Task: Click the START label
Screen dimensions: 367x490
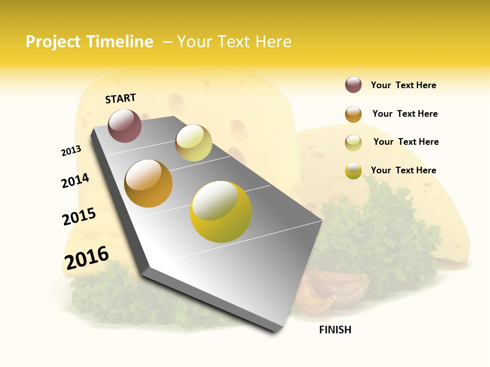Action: pyautogui.click(x=120, y=98)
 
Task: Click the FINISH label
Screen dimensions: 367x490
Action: pyautogui.click(x=335, y=330)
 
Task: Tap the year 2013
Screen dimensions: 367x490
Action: pyautogui.click(x=71, y=151)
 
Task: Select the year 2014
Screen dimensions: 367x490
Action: pyautogui.click(x=75, y=180)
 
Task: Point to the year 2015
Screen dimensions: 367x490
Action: pyautogui.click(x=79, y=216)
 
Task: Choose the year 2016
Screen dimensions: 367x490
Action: pyautogui.click(x=87, y=258)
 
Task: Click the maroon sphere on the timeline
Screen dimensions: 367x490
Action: pyautogui.click(x=125, y=125)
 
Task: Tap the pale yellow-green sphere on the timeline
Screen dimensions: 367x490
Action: pyautogui.click(x=193, y=143)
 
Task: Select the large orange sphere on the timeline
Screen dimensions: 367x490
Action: pyautogui.click(x=149, y=183)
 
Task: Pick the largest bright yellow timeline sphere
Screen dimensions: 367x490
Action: pyautogui.click(x=221, y=212)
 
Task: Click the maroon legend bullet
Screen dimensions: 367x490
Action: pyautogui.click(x=353, y=85)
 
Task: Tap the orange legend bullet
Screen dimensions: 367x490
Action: pyautogui.click(x=353, y=114)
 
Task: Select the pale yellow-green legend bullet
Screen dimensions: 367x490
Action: pyautogui.click(x=353, y=143)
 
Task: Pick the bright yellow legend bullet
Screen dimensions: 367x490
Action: pyautogui.click(x=353, y=171)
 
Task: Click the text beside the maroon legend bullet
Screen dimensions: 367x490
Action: pyautogui.click(x=403, y=85)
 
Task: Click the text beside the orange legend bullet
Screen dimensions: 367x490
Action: pyautogui.click(x=405, y=114)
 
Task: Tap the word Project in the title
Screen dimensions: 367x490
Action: pyautogui.click(x=54, y=42)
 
